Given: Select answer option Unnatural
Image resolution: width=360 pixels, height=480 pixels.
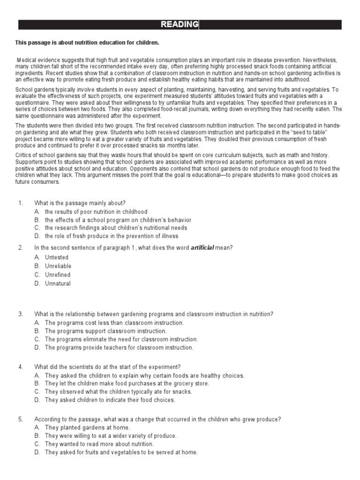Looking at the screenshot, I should coord(58,283).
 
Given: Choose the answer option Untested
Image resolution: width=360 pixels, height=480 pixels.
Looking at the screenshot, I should coord(57,257).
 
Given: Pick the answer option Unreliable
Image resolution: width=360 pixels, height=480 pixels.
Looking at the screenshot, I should coord(58,266).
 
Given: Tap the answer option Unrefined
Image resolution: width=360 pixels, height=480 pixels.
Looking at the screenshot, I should coord(58,275).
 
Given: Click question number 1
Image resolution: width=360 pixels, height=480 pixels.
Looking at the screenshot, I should coord(20,202).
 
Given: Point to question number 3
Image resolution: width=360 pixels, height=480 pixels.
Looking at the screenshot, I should coord(20,314).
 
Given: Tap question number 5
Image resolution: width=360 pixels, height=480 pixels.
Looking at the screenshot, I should coord(20,419).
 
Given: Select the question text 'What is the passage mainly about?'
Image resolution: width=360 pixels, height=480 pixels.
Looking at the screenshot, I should coord(80,202).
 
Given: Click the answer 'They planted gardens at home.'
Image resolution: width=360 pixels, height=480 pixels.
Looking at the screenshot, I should coord(87,427).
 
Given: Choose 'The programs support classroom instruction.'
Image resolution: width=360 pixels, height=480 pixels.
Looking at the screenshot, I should coord(105,331).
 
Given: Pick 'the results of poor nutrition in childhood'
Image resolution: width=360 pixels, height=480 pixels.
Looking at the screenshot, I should coord(96,211).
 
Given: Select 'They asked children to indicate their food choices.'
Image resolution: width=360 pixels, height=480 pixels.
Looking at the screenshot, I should coord(110,400).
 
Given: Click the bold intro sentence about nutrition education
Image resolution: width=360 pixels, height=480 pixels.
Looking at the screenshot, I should coord(87,43).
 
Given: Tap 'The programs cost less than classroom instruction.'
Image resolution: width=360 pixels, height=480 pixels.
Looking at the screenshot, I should coord(114,322).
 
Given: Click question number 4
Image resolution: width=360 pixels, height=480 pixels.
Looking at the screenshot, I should coord(20,367).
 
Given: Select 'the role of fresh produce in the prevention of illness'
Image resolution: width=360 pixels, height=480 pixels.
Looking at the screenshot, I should coord(112,236).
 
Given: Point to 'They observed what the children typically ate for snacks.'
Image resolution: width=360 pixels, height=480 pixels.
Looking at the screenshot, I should coord(119,391).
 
